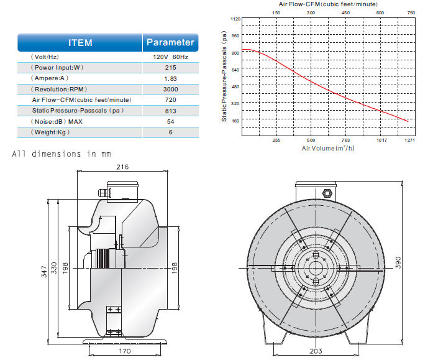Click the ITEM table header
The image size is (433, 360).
pyautogui.click(x=80, y=43)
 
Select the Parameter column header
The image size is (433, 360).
pyautogui.click(x=170, y=43)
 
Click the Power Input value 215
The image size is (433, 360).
pyautogui.click(x=170, y=68)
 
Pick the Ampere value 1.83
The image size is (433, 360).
pyautogui.click(x=170, y=78)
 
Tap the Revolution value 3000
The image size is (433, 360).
pyautogui.click(x=170, y=89)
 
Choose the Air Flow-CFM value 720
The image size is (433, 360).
pyautogui.click(x=170, y=99)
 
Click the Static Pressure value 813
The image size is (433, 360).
pyautogui.click(x=170, y=110)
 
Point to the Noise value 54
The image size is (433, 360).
pyautogui.click(x=170, y=121)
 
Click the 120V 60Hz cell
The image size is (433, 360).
pyautogui.click(x=170, y=57)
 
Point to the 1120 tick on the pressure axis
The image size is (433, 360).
pyautogui.click(x=235, y=19)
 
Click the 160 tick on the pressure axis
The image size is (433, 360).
pyautogui.click(x=235, y=121)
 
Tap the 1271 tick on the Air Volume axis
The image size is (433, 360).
pyautogui.click(x=410, y=141)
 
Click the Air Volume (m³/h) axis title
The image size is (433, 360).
pyautogui.click(x=327, y=149)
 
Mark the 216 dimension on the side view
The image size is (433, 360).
pyautogui.click(x=122, y=167)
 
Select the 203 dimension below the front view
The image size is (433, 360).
pyautogui.click(x=316, y=351)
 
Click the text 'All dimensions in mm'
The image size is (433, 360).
pyautogui.click(x=62, y=154)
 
